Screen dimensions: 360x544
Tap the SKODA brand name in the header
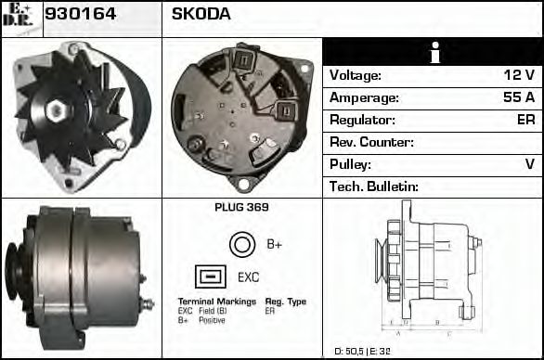201,14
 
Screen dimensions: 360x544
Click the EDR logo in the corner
20,16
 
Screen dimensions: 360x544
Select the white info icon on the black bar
433,54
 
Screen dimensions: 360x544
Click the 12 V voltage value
518,75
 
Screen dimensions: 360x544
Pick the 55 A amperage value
518,97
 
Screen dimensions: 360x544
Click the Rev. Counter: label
371,142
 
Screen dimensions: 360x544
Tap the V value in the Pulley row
529,164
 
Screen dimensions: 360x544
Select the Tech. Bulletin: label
374,186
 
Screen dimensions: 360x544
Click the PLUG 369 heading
241,208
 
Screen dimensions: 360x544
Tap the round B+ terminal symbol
241,244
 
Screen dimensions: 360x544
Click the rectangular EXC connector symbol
210,276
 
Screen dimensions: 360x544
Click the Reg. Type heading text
285,302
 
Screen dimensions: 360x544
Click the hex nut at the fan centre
57,111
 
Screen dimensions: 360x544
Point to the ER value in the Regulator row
525,120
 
